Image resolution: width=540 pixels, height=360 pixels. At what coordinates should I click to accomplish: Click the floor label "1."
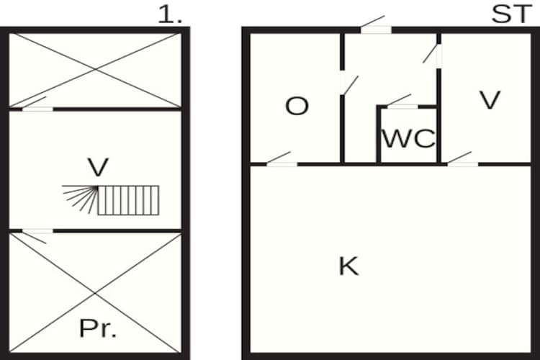coord(170,16)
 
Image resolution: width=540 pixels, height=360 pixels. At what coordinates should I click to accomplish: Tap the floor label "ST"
coord(511,15)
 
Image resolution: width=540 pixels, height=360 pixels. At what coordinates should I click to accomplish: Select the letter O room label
coord(297,106)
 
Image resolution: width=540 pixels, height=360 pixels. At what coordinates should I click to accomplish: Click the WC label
coord(409,138)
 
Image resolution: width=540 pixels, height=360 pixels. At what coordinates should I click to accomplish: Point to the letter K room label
coord(349,266)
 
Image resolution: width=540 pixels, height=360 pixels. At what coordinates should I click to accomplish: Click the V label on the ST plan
coord(490,100)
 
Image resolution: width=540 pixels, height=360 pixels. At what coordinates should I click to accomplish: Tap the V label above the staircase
coord(99,167)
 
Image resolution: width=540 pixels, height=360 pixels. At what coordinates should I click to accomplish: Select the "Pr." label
coord(98,328)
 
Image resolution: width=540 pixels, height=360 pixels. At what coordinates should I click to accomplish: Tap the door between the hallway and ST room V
coord(432,56)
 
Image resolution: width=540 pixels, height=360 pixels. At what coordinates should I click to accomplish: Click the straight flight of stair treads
coord(128,200)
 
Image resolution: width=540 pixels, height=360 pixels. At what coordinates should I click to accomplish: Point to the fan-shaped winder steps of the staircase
coord(80,199)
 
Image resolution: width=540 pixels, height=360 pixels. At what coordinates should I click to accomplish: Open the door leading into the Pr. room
coord(37,236)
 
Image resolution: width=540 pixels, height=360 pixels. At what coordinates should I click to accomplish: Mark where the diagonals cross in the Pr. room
coord(95,294)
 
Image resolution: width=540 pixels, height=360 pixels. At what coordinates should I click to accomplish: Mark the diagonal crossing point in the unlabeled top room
coord(95,70)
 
